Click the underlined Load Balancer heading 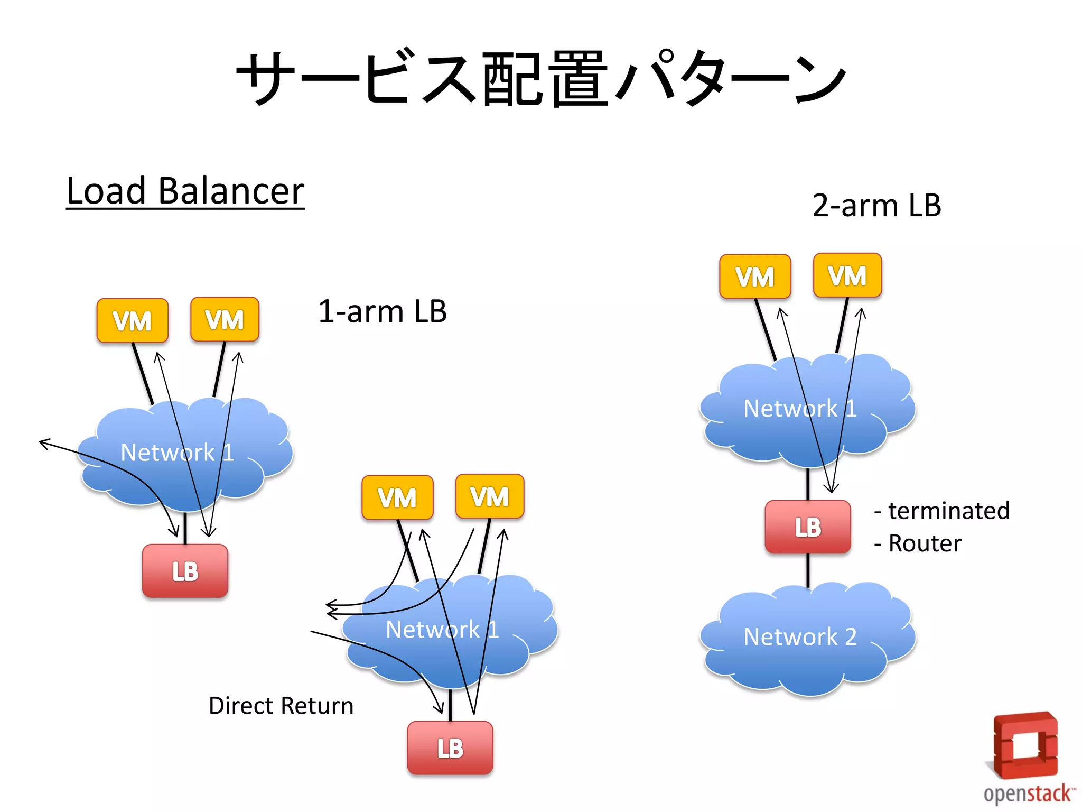pyautogui.click(x=185, y=191)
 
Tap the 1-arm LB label pyautogui.click(x=383, y=311)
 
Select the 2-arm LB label pyautogui.click(x=876, y=206)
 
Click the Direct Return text pyautogui.click(x=281, y=706)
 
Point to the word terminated pyautogui.click(x=948, y=511)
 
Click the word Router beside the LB pyautogui.click(x=925, y=543)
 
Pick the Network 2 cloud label pyautogui.click(x=800, y=637)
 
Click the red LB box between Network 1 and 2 pyautogui.click(x=808, y=527)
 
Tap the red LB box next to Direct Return pyautogui.click(x=450, y=748)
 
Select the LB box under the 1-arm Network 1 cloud pyautogui.click(x=185, y=571)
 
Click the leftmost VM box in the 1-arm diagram pyautogui.click(x=132, y=320)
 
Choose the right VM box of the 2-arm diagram pyautogui.click(x=847, y=275)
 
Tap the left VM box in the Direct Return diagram pyautogui.click(x=397, y=497)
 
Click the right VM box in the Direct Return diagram pyautogui.click(x=490, y=496)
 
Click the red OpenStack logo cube pyautogui.click(x=1024, y=745)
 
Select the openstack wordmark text pyautogui.click(x=1028, y=793)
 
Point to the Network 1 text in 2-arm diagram pyautogui.click(x=800, y=409)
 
